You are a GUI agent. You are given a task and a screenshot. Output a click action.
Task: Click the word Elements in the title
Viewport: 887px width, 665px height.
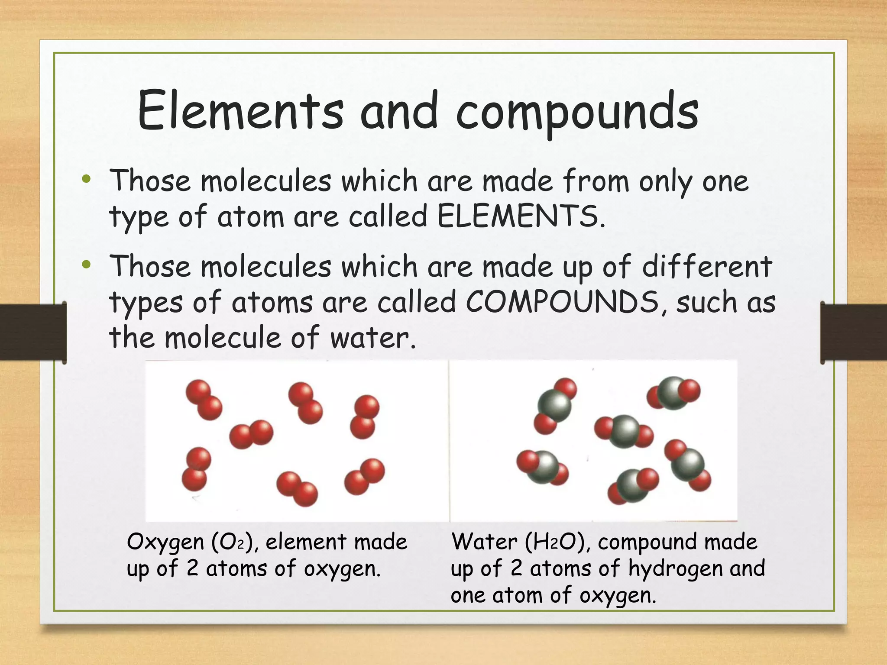pos(240,110)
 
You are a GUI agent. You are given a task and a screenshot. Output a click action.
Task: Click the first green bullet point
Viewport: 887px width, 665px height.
pos(87,179)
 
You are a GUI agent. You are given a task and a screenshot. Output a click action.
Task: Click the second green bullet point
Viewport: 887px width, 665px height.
pos(87,265)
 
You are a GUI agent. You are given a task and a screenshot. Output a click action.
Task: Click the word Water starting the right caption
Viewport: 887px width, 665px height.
pos(484,542)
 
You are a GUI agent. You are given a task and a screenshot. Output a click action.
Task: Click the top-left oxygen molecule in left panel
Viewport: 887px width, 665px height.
pos(204,400)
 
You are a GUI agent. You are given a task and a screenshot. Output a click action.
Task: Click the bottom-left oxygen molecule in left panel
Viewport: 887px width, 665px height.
pos(196,469)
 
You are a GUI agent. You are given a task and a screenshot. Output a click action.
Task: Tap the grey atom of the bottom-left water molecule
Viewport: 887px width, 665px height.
pos(542,467)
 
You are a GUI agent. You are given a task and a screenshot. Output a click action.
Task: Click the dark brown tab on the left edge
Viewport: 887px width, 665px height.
pos(32,332)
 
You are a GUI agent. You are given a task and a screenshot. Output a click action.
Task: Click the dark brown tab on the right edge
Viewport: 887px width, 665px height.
pos(854,332)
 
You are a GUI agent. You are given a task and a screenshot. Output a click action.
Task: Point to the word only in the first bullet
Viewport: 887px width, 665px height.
pos(665,182)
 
